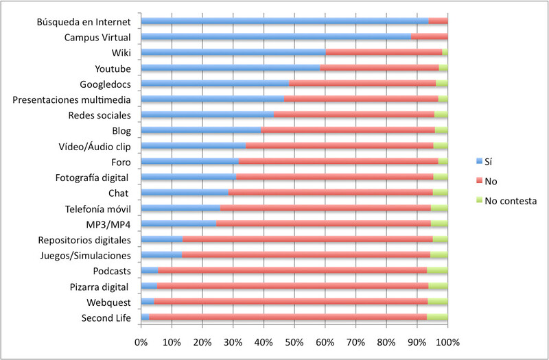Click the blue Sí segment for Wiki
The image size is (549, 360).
pyautogui.click(x=233, y=52)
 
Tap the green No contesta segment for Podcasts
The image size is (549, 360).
pyautogui.click(x=437, y=271)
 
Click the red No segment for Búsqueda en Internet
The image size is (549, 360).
pyautogui.click(x=438, y=21)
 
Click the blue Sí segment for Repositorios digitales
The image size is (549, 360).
pyautogui.click(x=162, y=239)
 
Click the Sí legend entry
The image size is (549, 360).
pyautogui.click(x=489, y=163)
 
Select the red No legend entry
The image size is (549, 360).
pyautogui.click(x=490, y=182)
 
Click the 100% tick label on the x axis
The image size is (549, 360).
pyautogui.click(x=446, y=342)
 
